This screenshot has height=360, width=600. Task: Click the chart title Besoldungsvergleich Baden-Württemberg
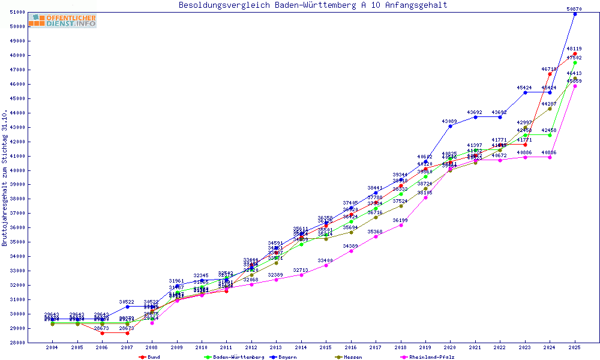coord(313,5)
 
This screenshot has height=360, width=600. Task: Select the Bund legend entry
coord(150,357)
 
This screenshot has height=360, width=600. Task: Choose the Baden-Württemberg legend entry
coord(234,357)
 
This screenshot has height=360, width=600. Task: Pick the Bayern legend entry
coord(283,357)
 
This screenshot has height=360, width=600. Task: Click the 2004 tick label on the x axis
coord(52,347)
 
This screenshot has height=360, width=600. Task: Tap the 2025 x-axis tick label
coord(575,347)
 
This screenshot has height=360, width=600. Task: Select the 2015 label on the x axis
coord(326,347)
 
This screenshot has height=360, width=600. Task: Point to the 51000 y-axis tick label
coord(17,13)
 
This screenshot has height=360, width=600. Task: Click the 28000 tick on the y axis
coord(17,343)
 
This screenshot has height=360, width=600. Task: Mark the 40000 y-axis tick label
coord(17,170)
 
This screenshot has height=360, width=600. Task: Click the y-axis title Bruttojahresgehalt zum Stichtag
coord(5,178)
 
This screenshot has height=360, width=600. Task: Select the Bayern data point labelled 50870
coord(575,14)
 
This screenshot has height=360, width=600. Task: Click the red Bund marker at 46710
coord(550,74)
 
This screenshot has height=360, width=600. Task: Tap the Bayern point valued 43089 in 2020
coord(451,126)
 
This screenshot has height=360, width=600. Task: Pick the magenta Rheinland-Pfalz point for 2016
coord(351,251)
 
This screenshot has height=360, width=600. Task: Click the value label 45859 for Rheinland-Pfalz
coord(574,81)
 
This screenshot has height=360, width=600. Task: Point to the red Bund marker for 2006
coord(102,333)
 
